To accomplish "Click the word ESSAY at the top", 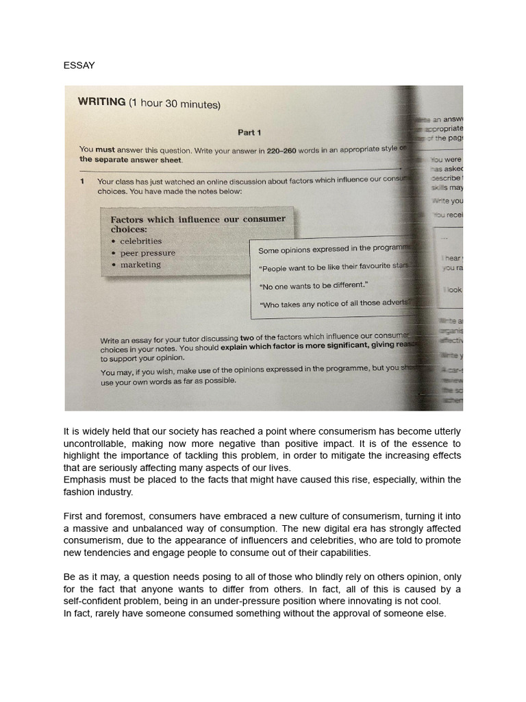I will click(x=79, y=65).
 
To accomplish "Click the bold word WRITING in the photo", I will click(x=101, y=102).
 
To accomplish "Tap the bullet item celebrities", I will click(x=140, y=241).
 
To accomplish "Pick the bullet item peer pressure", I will click(x=147, y=253).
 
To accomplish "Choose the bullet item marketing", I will click(x=140, y=265).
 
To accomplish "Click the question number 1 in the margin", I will click(x=82, y=182).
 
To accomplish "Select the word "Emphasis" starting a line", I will click(x=85, y=479).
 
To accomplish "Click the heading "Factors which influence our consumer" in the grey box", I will click(x=198, y=219).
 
